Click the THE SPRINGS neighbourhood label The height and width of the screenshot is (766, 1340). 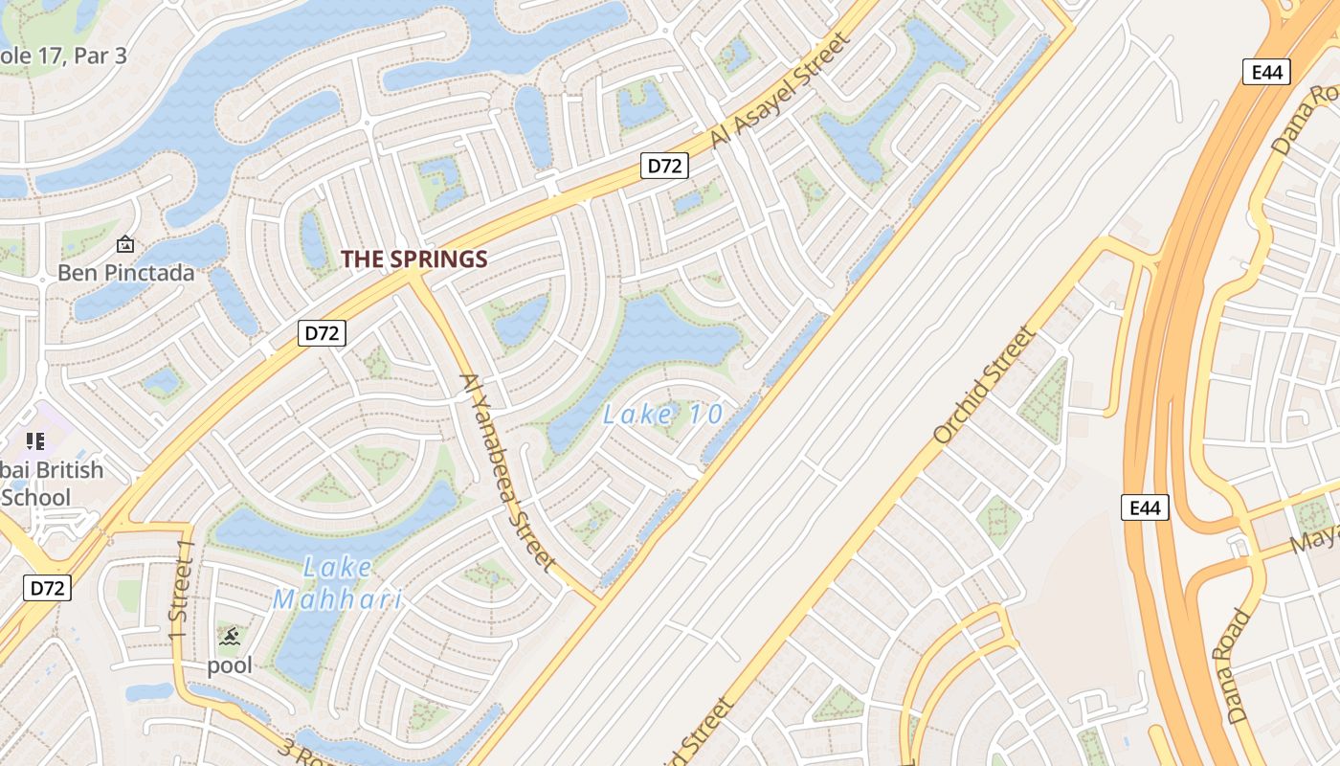[x=414, y=259]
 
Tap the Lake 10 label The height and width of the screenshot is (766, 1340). [x=663, y=415]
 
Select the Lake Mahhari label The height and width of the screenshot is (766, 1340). [x=337, y=583]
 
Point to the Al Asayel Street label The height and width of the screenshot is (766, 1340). [x=780, y=92]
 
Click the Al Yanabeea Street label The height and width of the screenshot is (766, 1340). [x=507, y=471]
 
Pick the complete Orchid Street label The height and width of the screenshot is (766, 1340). [x=983, y=386]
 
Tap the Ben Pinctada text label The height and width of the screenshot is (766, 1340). [x=125, y=273]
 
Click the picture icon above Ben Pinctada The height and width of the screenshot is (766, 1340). [x=124, y=245]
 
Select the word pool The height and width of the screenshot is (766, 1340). [x=230, y=665]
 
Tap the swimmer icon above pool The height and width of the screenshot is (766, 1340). [x=229, y=637]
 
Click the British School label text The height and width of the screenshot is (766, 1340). [x=53, y=484]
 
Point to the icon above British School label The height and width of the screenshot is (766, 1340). [x=35, y=441]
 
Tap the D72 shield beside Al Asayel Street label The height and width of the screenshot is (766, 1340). [x=663, y=166]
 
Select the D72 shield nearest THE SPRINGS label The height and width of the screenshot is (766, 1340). [x=323, y=333]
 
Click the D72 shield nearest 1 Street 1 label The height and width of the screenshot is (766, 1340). [x=46, y=587]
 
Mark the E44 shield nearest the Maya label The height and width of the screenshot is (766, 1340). [x=1145, y=507]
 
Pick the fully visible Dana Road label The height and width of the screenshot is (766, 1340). [x=1239, y=665]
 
